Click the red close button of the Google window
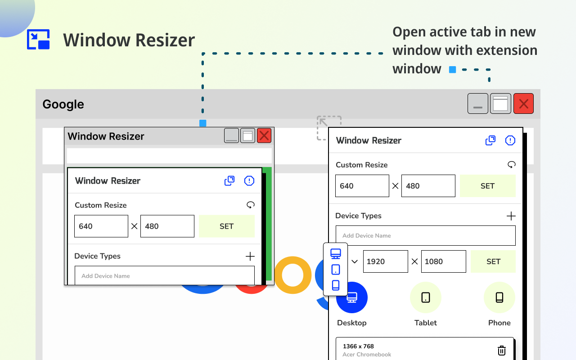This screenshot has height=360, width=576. coord(523,104)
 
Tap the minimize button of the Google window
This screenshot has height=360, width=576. coord(477,104)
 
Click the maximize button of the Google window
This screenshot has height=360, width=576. coord(500,104)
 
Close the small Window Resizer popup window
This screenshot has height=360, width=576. coord(264,135)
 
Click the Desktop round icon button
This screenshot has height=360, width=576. coord(352,297)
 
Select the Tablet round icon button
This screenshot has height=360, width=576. coord(425,297)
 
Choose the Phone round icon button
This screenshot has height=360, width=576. coord(499,297)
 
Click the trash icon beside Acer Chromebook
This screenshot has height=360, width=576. coord(502,351)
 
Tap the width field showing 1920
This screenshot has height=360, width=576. coord(385,261)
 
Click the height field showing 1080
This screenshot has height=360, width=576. coord(443,261)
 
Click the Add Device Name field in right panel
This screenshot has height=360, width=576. coord(425,235)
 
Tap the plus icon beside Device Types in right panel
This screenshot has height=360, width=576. coord(511,216)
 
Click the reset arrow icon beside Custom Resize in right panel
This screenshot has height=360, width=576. coord(511,165)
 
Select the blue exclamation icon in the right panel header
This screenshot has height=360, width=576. coord(510,140)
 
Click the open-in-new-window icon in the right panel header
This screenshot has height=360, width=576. coord(490,140)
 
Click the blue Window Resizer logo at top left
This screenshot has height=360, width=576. coord(38,39)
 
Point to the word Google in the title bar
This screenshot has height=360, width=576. coord(63,104)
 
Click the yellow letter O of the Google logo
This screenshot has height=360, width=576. coord(292,275)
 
